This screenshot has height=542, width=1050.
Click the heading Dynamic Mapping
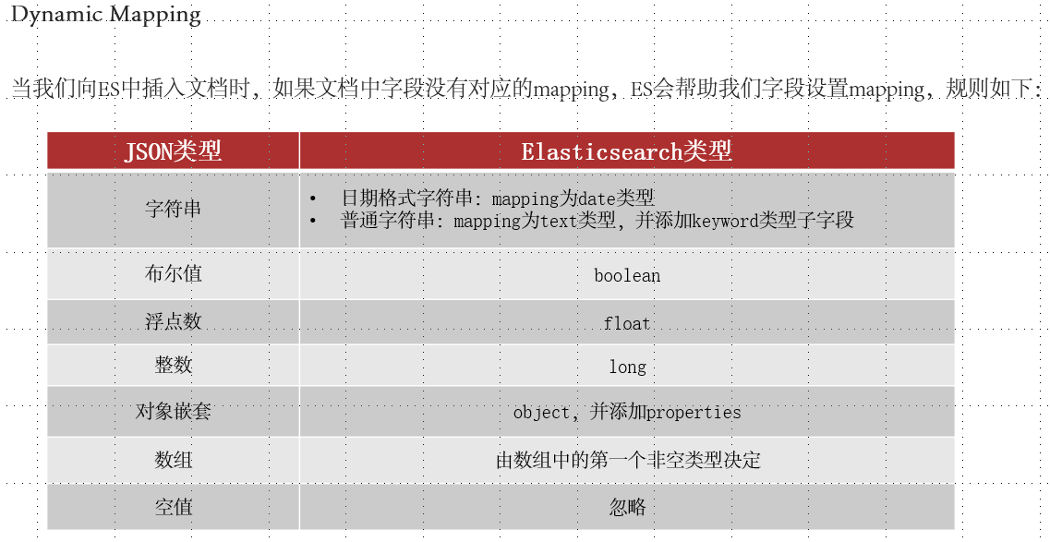[x=105, y=15]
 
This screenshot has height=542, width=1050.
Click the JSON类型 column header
[x=173, y=151]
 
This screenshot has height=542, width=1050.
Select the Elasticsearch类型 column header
[x=626, y=151]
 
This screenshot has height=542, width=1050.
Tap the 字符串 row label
[x=173, y=209]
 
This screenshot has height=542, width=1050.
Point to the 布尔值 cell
[x=173, y=274]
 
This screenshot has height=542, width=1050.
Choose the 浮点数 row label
[x=173, y=322]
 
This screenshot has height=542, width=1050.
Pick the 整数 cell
[x=173, y=366]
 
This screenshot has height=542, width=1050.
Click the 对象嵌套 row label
[x=173, y=412]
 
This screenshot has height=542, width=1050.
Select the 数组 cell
[x=173, y=460]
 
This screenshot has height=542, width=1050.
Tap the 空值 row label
[x=173, y=507]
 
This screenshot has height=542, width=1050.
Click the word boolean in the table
[x=627, y=275]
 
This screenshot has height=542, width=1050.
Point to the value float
[x=627, y=323]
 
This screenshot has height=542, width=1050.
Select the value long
[x=627, y=367]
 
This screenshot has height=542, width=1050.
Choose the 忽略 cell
[x=627, y=507]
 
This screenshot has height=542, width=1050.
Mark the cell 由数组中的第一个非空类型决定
[x=628, y=460]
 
